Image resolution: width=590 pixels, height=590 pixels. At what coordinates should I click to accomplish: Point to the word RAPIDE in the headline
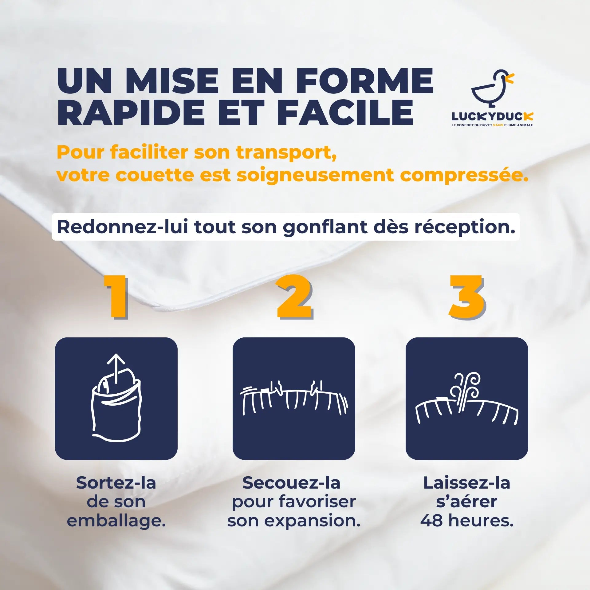pos(131,111)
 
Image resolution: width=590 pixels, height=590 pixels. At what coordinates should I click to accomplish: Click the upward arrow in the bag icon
pos(116,368)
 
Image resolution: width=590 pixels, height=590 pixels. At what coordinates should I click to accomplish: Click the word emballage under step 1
pos(116,520)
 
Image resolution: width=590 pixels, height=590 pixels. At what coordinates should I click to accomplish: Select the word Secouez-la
pos(291,483)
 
